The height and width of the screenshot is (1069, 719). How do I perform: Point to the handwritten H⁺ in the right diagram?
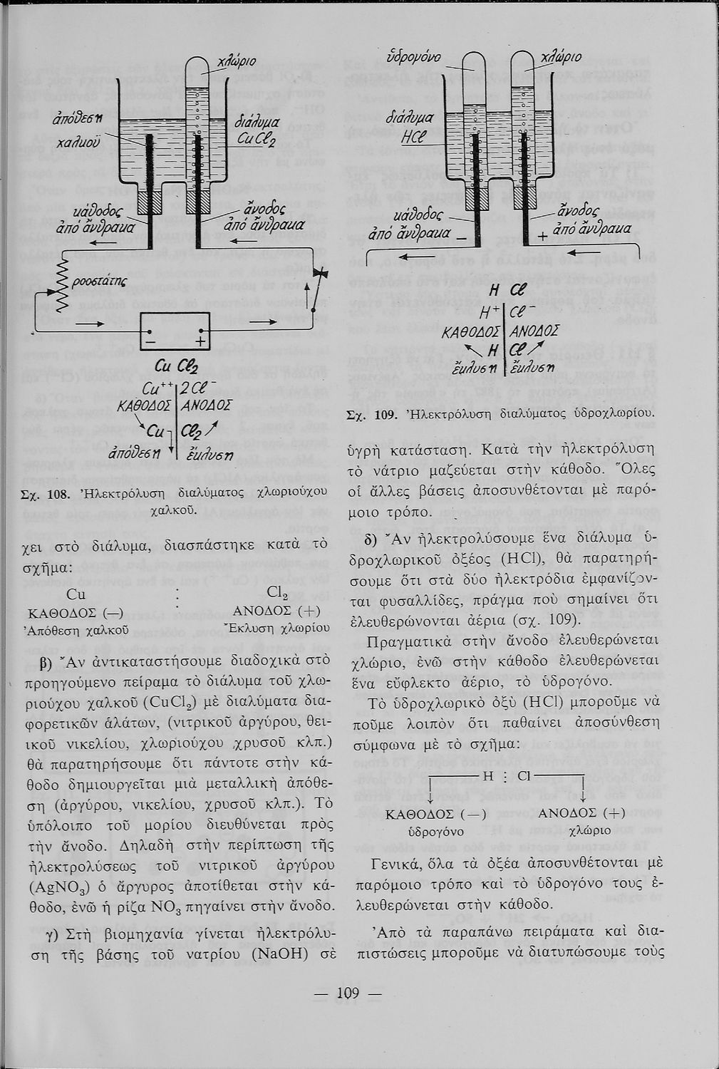point(491,311)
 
